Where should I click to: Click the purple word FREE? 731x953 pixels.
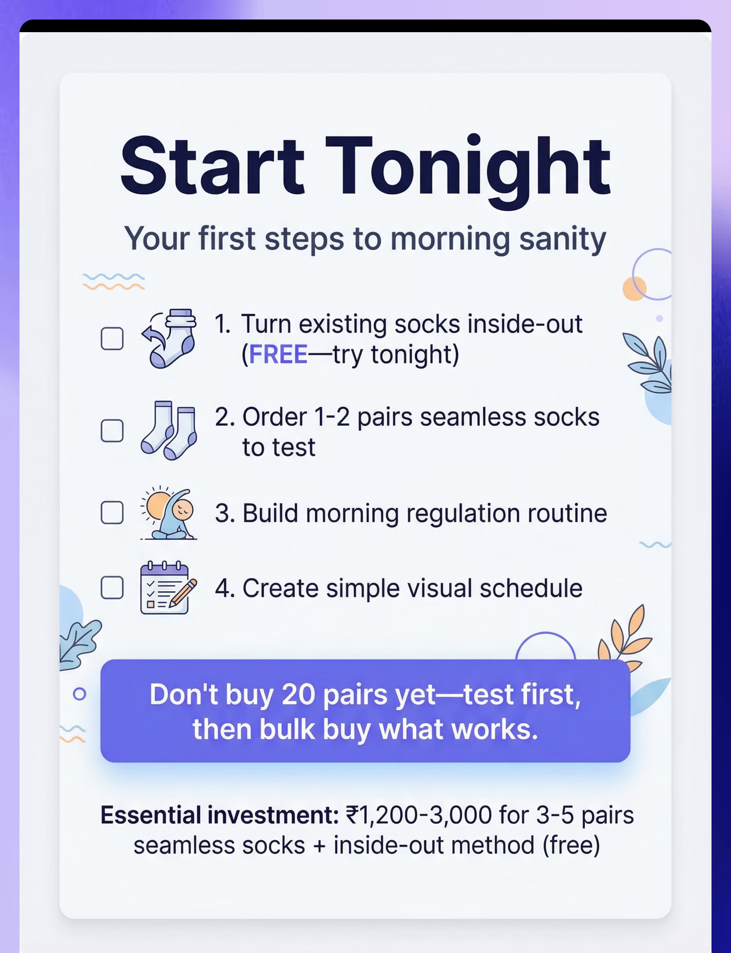279,354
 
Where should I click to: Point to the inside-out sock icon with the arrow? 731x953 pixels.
169,339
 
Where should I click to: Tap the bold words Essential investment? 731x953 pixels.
220,815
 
